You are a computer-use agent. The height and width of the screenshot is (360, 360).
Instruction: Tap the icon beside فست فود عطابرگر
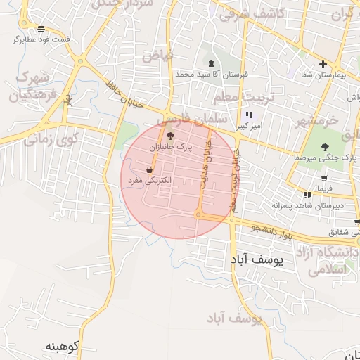point(41,29)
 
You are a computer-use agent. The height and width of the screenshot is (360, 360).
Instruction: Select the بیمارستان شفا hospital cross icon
point(323,65)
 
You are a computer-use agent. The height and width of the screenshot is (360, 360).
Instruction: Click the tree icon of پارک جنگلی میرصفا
point(324,147)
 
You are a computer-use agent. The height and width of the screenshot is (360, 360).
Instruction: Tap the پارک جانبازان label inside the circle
point(172,148)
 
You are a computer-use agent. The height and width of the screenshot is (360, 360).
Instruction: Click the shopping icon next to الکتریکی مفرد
point(149,169)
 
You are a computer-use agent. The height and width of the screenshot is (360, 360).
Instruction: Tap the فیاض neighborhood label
point(175,54)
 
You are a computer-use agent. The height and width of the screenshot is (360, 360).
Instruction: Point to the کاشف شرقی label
point(251,14)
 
